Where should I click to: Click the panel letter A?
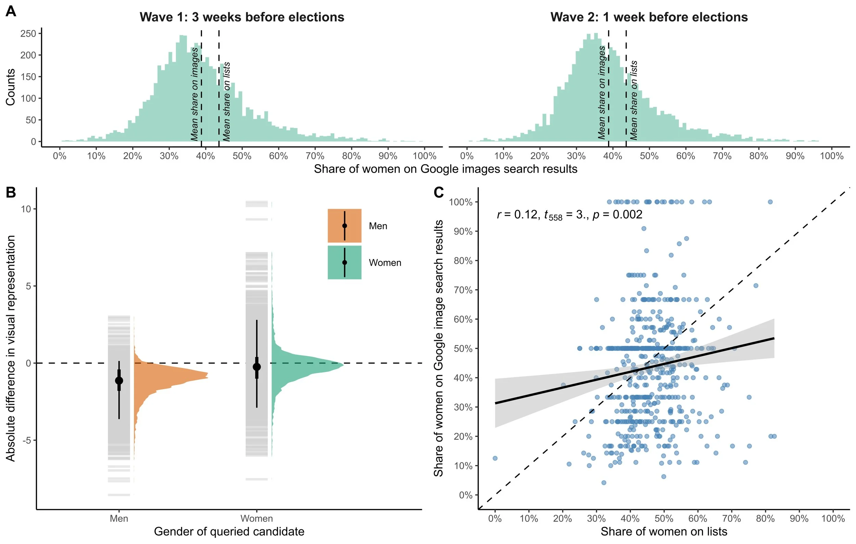pyautogui.click(x=11, y=11)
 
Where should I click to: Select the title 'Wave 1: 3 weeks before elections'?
pyautogui.click(x=242, y=17)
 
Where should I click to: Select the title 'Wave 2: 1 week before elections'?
pyautogui.click(x=649, y=17)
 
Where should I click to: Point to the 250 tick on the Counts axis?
pyautogui.click(x=28, y=34)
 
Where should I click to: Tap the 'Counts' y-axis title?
pyautogui.click(x=11, y=87)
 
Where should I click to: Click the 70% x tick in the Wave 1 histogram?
pyautogui.click(x=315, y=156)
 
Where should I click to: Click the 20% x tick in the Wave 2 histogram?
pyautogui.click(x=540, y=156)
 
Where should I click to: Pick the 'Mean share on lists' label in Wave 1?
pyautogui.click(x=226, y=102)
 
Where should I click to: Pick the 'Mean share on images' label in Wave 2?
pyautogui.click(x=602, y=92)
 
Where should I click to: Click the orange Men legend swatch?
pyautogui.click(x=344, y=226)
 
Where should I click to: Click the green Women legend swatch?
pyautogui.click(x=344, y=262)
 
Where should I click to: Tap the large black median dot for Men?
pyautogui.click(x=119, y=381)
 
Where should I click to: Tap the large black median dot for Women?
pyautogui.click(x=257, y=367)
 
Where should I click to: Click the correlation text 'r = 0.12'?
pyautogui.click(x=517, y=214)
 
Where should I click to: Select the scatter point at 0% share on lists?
pyautogui.click(x=495, y=458)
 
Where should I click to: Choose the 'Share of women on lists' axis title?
pyautogui.click(x=664, y=531)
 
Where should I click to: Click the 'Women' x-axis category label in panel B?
pyautogui.click(x=257, y=518)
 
